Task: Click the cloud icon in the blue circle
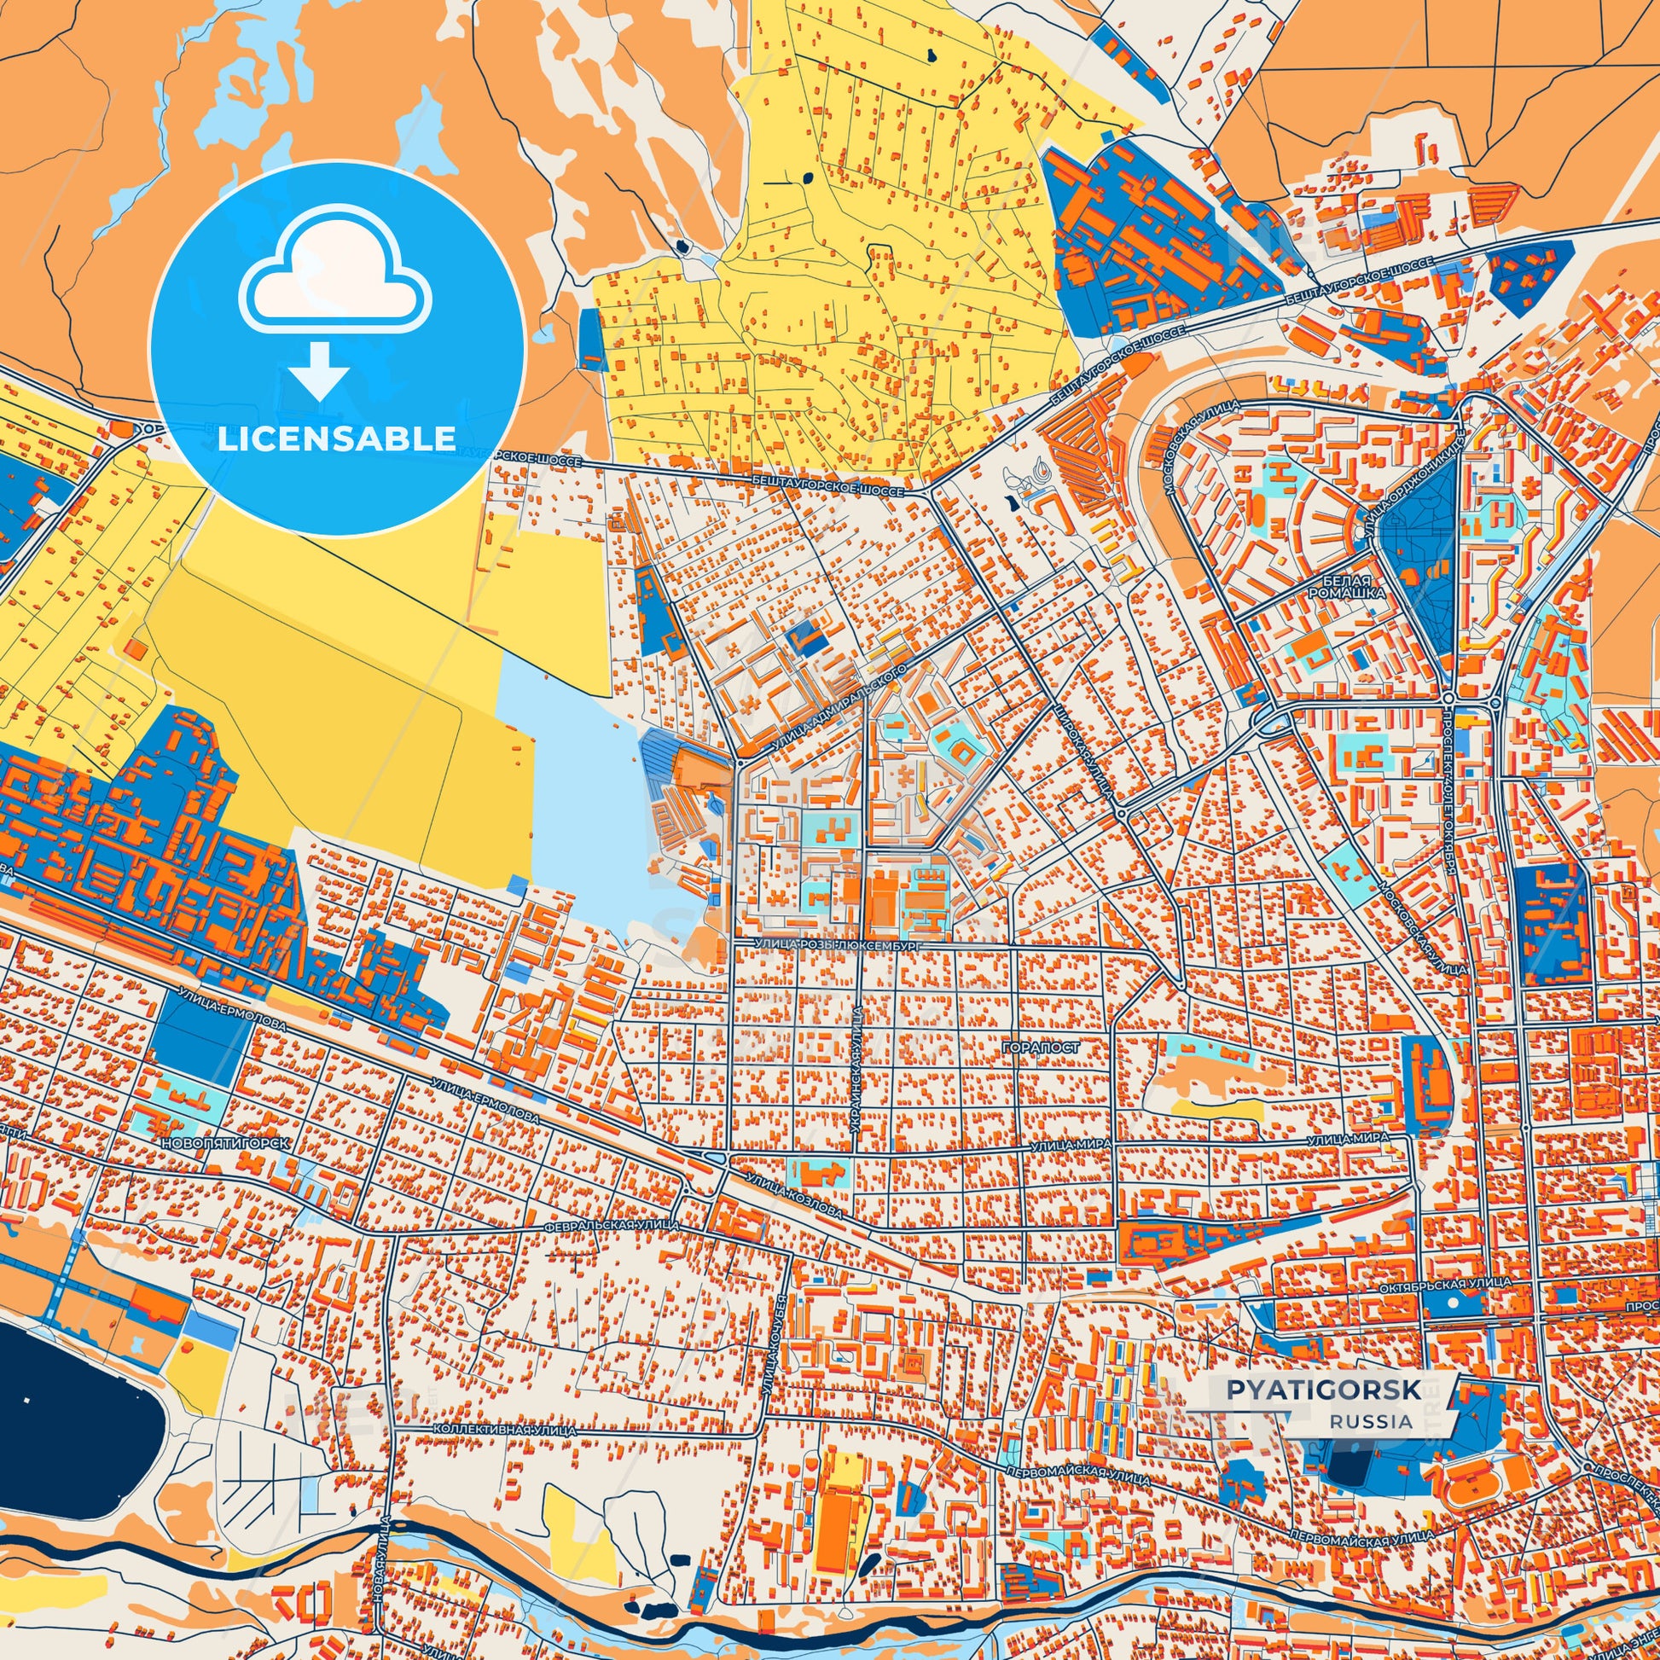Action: coord(336,272)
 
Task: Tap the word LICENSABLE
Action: coord(336,439)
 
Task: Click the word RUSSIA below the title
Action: coord(1372,1421)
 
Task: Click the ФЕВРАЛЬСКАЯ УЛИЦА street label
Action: coord(612,1224)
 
